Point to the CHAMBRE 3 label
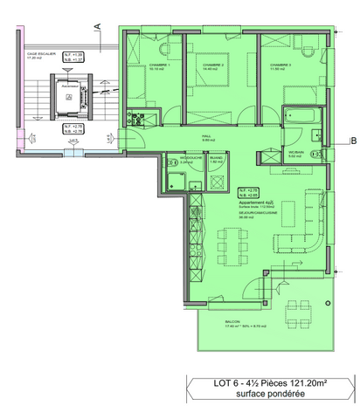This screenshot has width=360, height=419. pos(280,65)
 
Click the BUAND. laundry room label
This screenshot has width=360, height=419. pos(216,160)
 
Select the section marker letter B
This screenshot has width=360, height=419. pos(351,141)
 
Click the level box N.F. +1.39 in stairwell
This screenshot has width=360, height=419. pos(78,57)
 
